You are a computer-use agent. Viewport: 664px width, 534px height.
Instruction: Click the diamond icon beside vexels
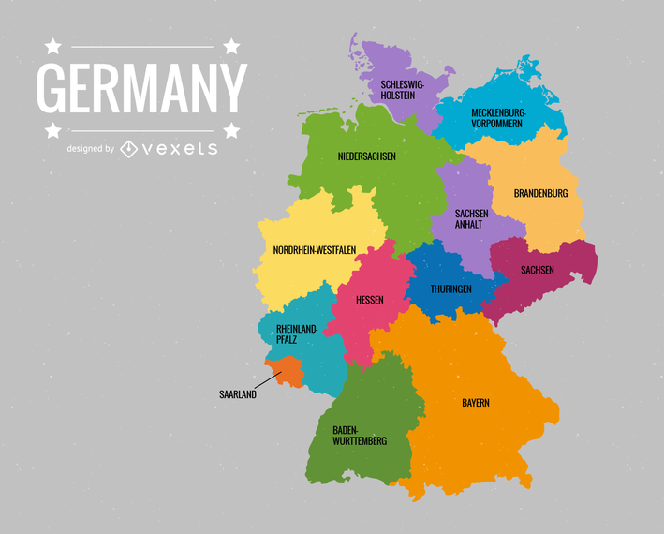129,148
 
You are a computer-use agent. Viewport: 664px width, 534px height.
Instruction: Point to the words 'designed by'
90,149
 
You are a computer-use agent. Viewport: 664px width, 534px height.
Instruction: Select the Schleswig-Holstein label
403,90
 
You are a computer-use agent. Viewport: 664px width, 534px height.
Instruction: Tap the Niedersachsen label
366,156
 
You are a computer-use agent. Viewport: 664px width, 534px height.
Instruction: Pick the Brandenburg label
540,194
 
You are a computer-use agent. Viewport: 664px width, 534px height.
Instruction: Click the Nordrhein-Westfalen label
314,250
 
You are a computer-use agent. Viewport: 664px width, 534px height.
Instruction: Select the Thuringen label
450,289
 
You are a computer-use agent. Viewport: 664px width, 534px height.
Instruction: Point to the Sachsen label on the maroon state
538,271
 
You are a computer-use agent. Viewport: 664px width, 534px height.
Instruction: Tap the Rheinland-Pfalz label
297,334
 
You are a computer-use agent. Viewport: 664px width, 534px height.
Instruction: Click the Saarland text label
238,394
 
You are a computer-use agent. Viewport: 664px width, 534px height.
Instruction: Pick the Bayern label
475,403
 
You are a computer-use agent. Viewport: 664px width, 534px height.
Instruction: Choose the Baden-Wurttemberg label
359,435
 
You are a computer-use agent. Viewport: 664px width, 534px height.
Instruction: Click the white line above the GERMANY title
141,46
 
